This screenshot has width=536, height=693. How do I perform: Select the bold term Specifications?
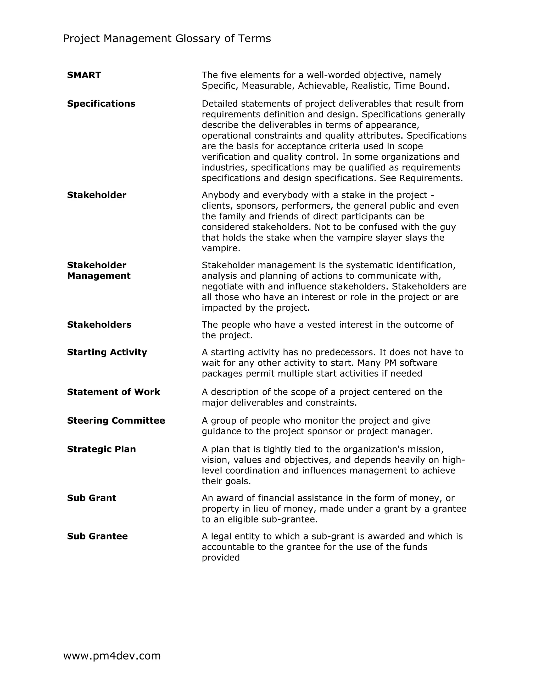[x=101, y=104]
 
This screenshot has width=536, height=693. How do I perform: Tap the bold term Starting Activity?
[x=107, y=352]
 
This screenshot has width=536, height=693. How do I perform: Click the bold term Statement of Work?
[x=113, y=392]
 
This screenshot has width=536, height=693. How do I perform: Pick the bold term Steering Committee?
[x=116, y=421]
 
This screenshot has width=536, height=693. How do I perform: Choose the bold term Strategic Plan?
[x=101, y=449]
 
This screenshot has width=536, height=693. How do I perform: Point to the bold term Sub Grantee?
[x=97, y=536]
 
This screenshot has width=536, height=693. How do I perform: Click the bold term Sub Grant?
[x=91, y=498]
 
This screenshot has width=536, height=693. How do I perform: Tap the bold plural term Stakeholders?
[x=99, y=325]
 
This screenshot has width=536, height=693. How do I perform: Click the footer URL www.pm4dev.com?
[x=112, y=656]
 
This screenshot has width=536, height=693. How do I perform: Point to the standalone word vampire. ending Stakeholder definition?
[x=221, y=248]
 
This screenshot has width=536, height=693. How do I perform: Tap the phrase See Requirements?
[x=421, y=178]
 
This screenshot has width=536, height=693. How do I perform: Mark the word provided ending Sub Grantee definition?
[x=221, y=558]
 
